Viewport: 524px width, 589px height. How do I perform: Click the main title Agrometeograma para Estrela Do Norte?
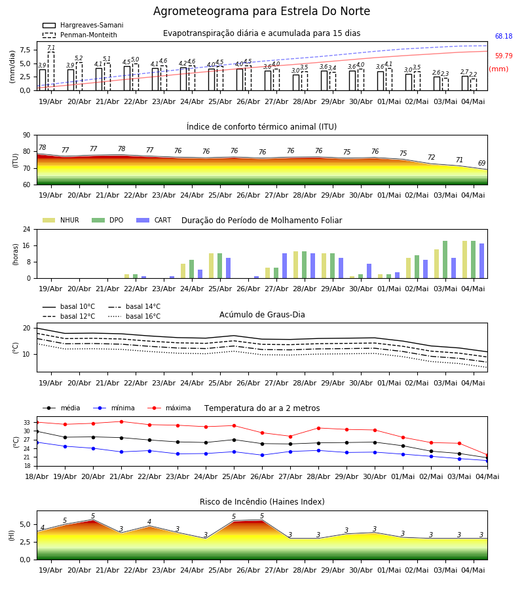(261, 11)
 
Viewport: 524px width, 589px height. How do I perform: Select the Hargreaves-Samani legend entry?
(83, 25)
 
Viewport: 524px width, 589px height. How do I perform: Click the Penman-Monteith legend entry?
(80, 35)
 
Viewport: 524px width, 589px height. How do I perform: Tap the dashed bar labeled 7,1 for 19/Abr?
(50, 71)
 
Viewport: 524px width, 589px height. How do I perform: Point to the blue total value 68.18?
(504, 37)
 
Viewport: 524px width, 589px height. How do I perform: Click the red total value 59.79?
(504, 56)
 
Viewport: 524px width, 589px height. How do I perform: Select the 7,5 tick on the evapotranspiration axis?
(25, 50)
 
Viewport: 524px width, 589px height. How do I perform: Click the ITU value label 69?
(481, 163)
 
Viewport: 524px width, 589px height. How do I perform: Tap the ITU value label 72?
(431, 157)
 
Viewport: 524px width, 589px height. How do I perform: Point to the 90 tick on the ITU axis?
(27, 135)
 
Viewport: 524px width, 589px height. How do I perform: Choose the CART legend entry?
(154, 220)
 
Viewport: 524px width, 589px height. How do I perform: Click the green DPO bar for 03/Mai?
(445, 260)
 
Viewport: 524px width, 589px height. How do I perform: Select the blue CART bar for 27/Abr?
(284, 266)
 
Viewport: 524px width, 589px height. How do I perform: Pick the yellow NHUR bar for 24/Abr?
(183, 271)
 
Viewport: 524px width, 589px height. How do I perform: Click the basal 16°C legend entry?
(134, 316)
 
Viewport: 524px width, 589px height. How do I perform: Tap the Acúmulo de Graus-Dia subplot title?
(262, 315)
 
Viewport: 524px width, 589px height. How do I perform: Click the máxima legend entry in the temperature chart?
(169, 408)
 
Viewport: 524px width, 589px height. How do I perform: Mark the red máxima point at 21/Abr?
(121, 421)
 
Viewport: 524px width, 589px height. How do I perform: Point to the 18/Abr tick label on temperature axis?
(37, 476)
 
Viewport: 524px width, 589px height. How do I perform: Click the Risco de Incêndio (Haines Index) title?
(262, 502)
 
